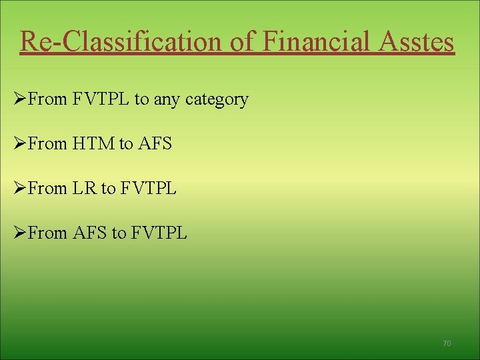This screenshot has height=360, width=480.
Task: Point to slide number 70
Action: [447, 343]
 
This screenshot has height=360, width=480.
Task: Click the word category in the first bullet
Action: [217, 100]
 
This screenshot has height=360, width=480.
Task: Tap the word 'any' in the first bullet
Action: [167, 100]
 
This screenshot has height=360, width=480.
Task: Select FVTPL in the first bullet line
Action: [100, 99]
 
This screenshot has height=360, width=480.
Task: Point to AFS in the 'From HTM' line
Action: [155, 143]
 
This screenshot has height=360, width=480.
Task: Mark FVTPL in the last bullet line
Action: [159, 233]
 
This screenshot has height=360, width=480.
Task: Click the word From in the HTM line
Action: [48, 143]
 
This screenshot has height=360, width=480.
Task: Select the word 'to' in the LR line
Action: [109, 189]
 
